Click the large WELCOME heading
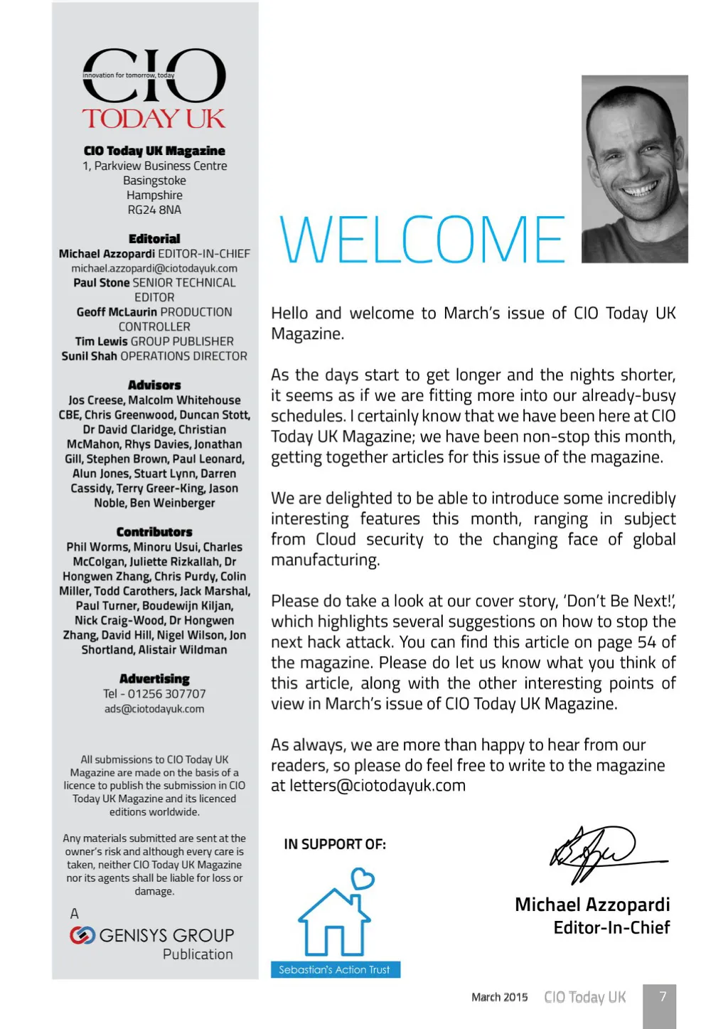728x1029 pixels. tap(422, 240)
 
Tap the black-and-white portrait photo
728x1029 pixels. tap(634, 169)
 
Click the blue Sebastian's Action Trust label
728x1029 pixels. tap(335, 969)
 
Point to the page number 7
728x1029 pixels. tap(663, 996)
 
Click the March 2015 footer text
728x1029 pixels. tap(499, 997)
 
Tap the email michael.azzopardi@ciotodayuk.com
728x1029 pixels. tap(154, 268)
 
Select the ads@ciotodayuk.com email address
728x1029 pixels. tap(154, 708)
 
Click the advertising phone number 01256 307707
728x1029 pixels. tap(166, 693)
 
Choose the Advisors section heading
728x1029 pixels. tap(154, 385)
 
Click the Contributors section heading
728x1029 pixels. tap(154, 532)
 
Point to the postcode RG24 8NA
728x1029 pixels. tap(154, 210)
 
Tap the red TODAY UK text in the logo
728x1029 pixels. tap(154, 119)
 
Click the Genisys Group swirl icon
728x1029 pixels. tap(82, 935)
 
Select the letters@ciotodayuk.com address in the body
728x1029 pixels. tap(378, 786)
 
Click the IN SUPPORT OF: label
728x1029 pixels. tap(335, 844)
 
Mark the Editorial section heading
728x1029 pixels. tap(154, 239)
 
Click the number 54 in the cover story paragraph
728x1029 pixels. tap(646, 642)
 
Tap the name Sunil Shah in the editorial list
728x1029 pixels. tap(90, 356)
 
